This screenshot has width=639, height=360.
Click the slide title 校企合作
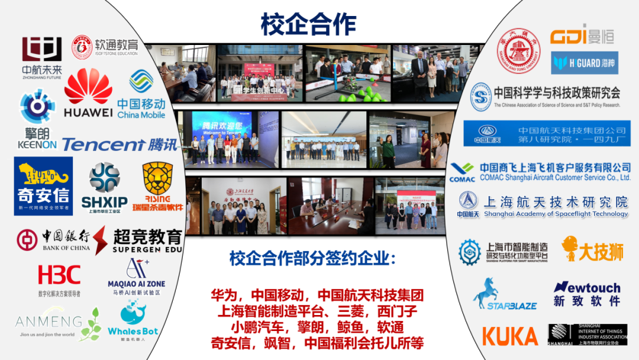(308, 24)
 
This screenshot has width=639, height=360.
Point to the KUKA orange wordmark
(509, 336)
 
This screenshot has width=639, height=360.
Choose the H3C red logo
(59, 275)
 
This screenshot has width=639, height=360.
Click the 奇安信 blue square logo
(43, 185)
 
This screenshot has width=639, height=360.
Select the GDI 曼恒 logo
(582, 36)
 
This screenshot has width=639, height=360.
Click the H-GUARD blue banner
(584, 63)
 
